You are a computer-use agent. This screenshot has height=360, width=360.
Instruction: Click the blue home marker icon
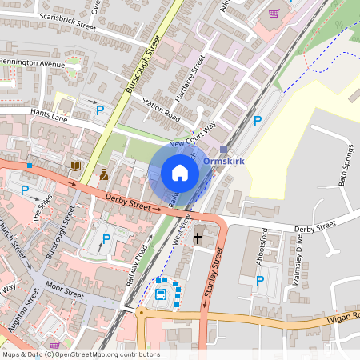coord(180,173)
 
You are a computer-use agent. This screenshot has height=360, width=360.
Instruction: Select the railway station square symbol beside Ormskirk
coord(224,150)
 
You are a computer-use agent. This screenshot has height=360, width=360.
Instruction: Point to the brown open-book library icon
coord(75,166)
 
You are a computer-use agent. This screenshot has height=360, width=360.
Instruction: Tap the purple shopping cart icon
coord(274,14)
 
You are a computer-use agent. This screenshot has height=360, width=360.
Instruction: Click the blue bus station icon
coord(161,294)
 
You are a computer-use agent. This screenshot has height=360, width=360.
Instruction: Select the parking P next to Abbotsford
coord(260,280)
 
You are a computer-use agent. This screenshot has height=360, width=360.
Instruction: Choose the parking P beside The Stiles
coord(25,190)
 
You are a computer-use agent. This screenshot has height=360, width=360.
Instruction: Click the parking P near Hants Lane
coord(100,110)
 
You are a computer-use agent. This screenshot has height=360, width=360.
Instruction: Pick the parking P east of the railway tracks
coord(257,121)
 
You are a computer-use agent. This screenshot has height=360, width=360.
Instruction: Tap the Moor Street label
coord(64,290)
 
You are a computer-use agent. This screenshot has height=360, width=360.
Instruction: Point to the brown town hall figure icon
coord(103,174)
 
